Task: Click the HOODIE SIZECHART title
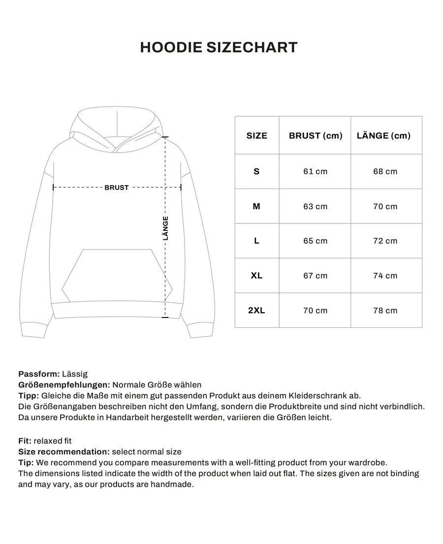point(219,47)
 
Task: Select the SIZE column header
point(256,136)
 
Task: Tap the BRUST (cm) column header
point(315,136)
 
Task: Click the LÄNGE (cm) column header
point(386,136)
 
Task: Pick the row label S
point(256,171)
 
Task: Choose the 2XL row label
point(256,311)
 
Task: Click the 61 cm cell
point(315,171)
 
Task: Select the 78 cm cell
point(385,311)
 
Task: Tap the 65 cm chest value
point(315,241)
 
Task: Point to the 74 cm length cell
point(385,276)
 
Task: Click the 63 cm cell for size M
point(315,206)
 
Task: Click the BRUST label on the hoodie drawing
point(117,188)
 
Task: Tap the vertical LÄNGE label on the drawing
point(165,228)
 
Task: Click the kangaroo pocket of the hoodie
point(117,276)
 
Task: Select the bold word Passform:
point(39,374)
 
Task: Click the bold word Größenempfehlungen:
point(64,385)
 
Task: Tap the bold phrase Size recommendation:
point(63,452)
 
